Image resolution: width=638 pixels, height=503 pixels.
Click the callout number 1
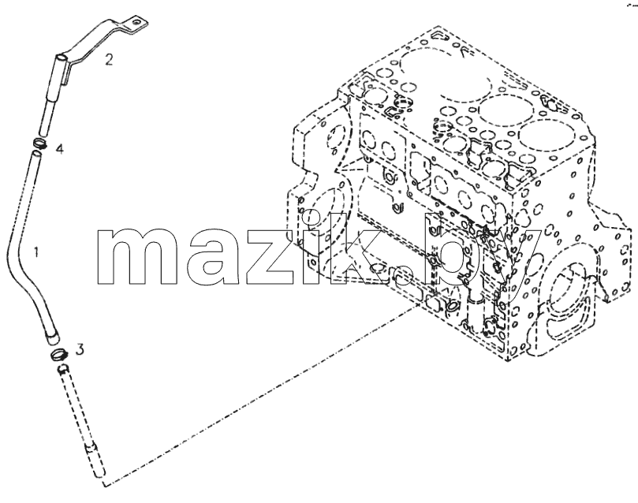tap(36, 252)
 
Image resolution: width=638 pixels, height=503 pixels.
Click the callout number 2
tap(108, 60)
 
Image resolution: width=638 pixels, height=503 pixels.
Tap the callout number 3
tap(80, 349)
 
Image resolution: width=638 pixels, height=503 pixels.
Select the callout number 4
tap(59, 149)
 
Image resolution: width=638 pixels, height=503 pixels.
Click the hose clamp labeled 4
tap(39, 143)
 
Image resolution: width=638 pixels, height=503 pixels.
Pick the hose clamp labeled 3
tap(59, 355)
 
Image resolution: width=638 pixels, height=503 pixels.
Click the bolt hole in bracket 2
tap(136, 23)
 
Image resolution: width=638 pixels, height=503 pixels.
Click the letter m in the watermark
tap(137, 255)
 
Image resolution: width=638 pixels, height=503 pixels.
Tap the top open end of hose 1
tap(36, 153)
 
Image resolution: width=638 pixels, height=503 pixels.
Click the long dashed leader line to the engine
tap(259, 393)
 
